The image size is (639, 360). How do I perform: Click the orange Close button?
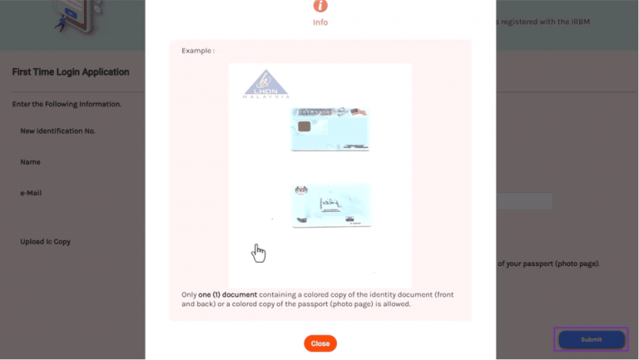(x=320, y=343)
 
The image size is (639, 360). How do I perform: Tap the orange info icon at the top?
(x=320, y=6)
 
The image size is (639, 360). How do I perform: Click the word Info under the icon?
(x=320, y=22)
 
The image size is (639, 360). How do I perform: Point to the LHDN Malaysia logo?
(x=266, y=84)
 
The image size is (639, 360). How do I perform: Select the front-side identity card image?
(x=330, y=129)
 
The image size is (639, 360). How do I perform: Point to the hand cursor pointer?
(x=259, y=253)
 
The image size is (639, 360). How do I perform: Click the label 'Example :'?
(x=198, y=51)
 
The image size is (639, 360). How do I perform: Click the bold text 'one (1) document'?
(x=228, y=294)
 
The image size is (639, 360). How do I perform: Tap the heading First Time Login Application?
(x=71, y=72)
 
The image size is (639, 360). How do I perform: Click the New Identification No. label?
(x=58, y=131)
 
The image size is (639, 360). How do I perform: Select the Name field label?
(x=31, y=162)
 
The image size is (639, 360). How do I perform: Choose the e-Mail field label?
(x=32, y=193)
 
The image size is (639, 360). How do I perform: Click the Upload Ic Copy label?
(x=46, y=242)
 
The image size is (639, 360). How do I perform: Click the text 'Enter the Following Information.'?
(x=67, y=104)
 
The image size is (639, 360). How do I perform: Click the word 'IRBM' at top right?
(x=577, y=22)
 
